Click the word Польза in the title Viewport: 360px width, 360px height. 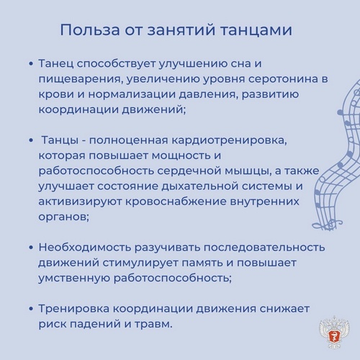click(90, 30)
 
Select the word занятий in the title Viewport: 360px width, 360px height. click(181, 30)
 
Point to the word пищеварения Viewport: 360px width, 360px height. click(81, 80)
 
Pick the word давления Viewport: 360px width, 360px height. click(208, 94)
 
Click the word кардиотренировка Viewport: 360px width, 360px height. click(229, 141)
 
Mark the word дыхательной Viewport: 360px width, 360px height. click(199, 186)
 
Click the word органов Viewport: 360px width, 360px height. click(63, 217)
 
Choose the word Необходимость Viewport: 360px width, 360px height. click(85, 248)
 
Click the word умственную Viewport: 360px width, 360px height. click(74, 279)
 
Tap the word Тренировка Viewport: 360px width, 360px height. click(74, 309)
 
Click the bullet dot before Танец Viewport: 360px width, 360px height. click(30, 64)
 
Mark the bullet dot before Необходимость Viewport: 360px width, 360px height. click(30, 248)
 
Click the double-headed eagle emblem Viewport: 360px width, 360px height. click(334, 332)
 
